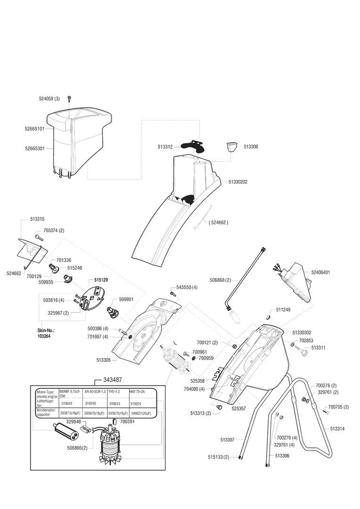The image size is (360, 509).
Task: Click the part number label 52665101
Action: click(x=35, y=128)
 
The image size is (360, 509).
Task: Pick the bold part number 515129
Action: click(x=101, y=279)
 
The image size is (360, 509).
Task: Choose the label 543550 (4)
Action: click(x=187, y=287)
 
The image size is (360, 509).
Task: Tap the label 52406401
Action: click(x=320, y=272)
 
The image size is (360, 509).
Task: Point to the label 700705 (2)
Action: click(x=338, y=407)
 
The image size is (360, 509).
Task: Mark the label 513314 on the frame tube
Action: click(x=337, y=429)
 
